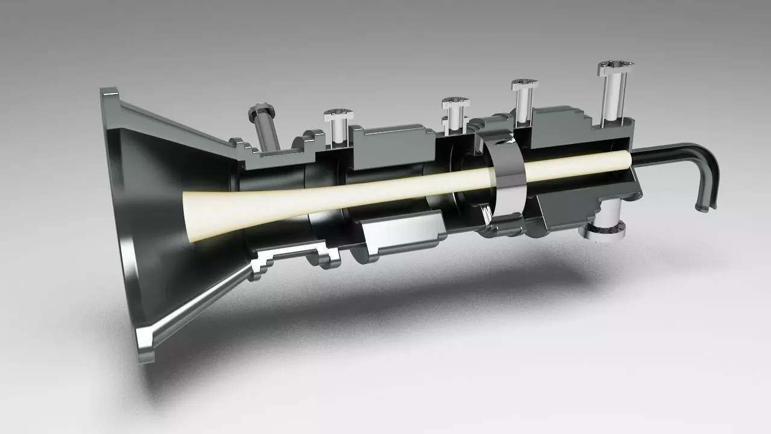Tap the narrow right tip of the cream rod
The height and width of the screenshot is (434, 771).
click(626, 159)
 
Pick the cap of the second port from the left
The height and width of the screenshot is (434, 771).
click(339, 113)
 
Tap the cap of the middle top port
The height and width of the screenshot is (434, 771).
click(455, 102)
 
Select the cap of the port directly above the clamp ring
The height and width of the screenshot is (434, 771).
click(525, 84)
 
